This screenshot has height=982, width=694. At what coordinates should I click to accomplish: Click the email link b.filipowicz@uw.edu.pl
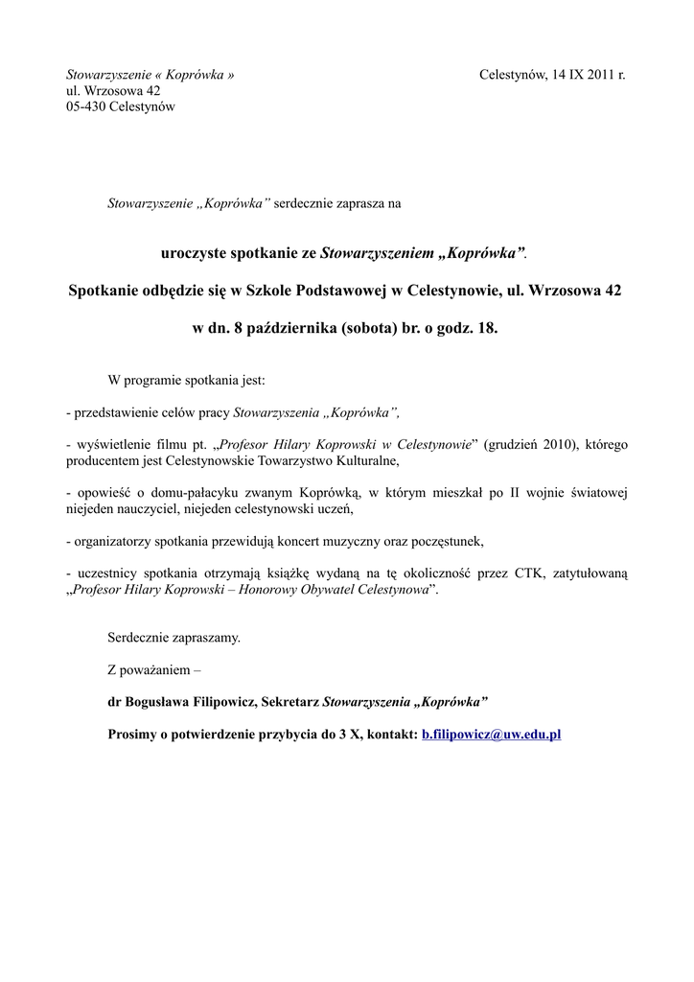pyautogui.click(x=491, y=735)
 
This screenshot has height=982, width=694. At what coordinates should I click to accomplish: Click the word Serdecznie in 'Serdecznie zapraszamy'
pyautogui.click(x=140, y=637)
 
